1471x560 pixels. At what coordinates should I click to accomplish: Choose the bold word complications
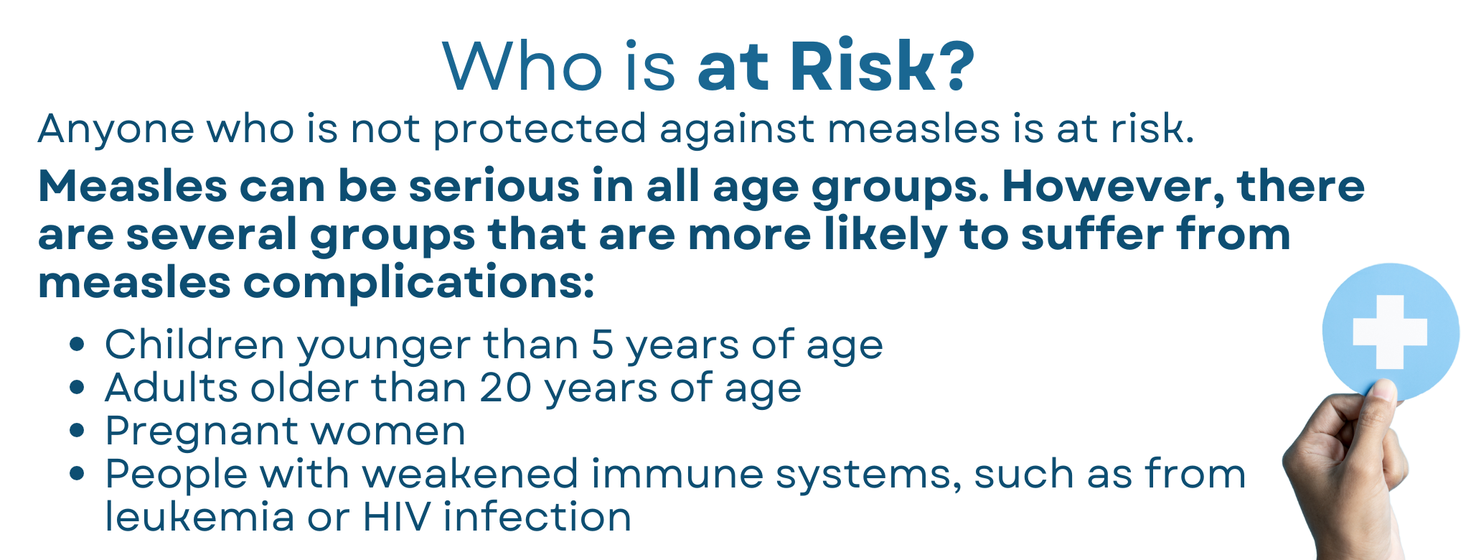[419, 283]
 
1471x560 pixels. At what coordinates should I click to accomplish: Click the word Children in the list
[195, 344]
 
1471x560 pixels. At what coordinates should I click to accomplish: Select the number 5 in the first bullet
[603, 345]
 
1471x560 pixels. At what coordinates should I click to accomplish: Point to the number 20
[506, 388]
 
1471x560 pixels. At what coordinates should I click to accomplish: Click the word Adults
[171, 388]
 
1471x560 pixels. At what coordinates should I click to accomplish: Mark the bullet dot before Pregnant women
[77, 431]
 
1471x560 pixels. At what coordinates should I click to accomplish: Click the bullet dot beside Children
[77, 345]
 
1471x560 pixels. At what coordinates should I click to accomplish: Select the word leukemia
[199, 517]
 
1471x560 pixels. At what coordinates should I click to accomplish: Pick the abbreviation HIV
[397, 517]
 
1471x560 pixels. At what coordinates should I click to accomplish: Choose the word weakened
[470, 474]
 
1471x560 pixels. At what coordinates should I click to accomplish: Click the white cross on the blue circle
[1390, 332]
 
